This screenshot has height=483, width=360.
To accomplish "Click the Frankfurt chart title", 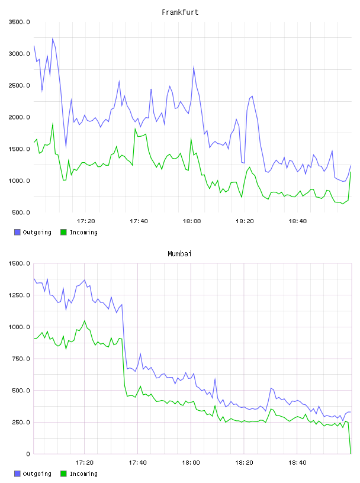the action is coord(180,12).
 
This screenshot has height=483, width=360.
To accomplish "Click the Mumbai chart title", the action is coord(179,254).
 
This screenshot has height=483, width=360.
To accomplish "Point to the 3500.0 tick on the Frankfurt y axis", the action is coord(20,22).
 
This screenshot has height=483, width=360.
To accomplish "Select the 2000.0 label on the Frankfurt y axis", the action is coord(20,117).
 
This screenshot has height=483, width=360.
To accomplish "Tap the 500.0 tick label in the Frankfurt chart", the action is coord(21,212).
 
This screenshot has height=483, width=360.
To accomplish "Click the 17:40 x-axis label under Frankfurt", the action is coord(139,221).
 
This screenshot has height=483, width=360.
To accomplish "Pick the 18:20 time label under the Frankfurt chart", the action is coord(245,221).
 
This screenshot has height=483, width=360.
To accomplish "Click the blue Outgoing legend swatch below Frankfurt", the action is coord(17,232).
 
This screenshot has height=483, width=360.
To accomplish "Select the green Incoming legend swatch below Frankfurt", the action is coord(63,232).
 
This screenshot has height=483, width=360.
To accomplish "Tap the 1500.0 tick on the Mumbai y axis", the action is coord(20,263).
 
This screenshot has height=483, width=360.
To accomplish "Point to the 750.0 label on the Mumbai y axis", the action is coord(21,359).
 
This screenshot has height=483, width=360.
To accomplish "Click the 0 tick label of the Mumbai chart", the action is coord(28,454).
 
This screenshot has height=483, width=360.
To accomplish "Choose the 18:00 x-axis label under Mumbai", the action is coord(191,463).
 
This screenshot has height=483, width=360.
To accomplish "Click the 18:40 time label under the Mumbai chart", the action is coord(297,463).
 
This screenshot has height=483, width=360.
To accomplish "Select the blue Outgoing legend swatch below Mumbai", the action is coord(17,474).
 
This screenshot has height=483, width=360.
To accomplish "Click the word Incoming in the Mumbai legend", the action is coord(83,474).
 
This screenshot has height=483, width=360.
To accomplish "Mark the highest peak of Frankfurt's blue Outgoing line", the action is coord(52,38).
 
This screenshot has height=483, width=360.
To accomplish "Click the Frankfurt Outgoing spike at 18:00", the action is coord(194,66).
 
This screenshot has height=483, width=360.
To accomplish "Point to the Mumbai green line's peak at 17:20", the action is coord(85,321).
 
